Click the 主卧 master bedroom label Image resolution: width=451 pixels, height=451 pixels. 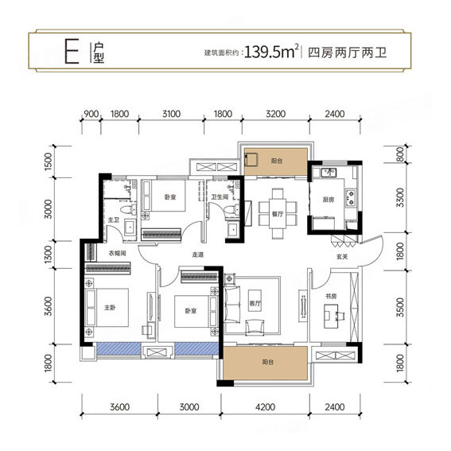point(110,307)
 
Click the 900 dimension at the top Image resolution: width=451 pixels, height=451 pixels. point(91,114)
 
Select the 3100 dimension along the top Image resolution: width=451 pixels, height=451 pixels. point(172,114)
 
